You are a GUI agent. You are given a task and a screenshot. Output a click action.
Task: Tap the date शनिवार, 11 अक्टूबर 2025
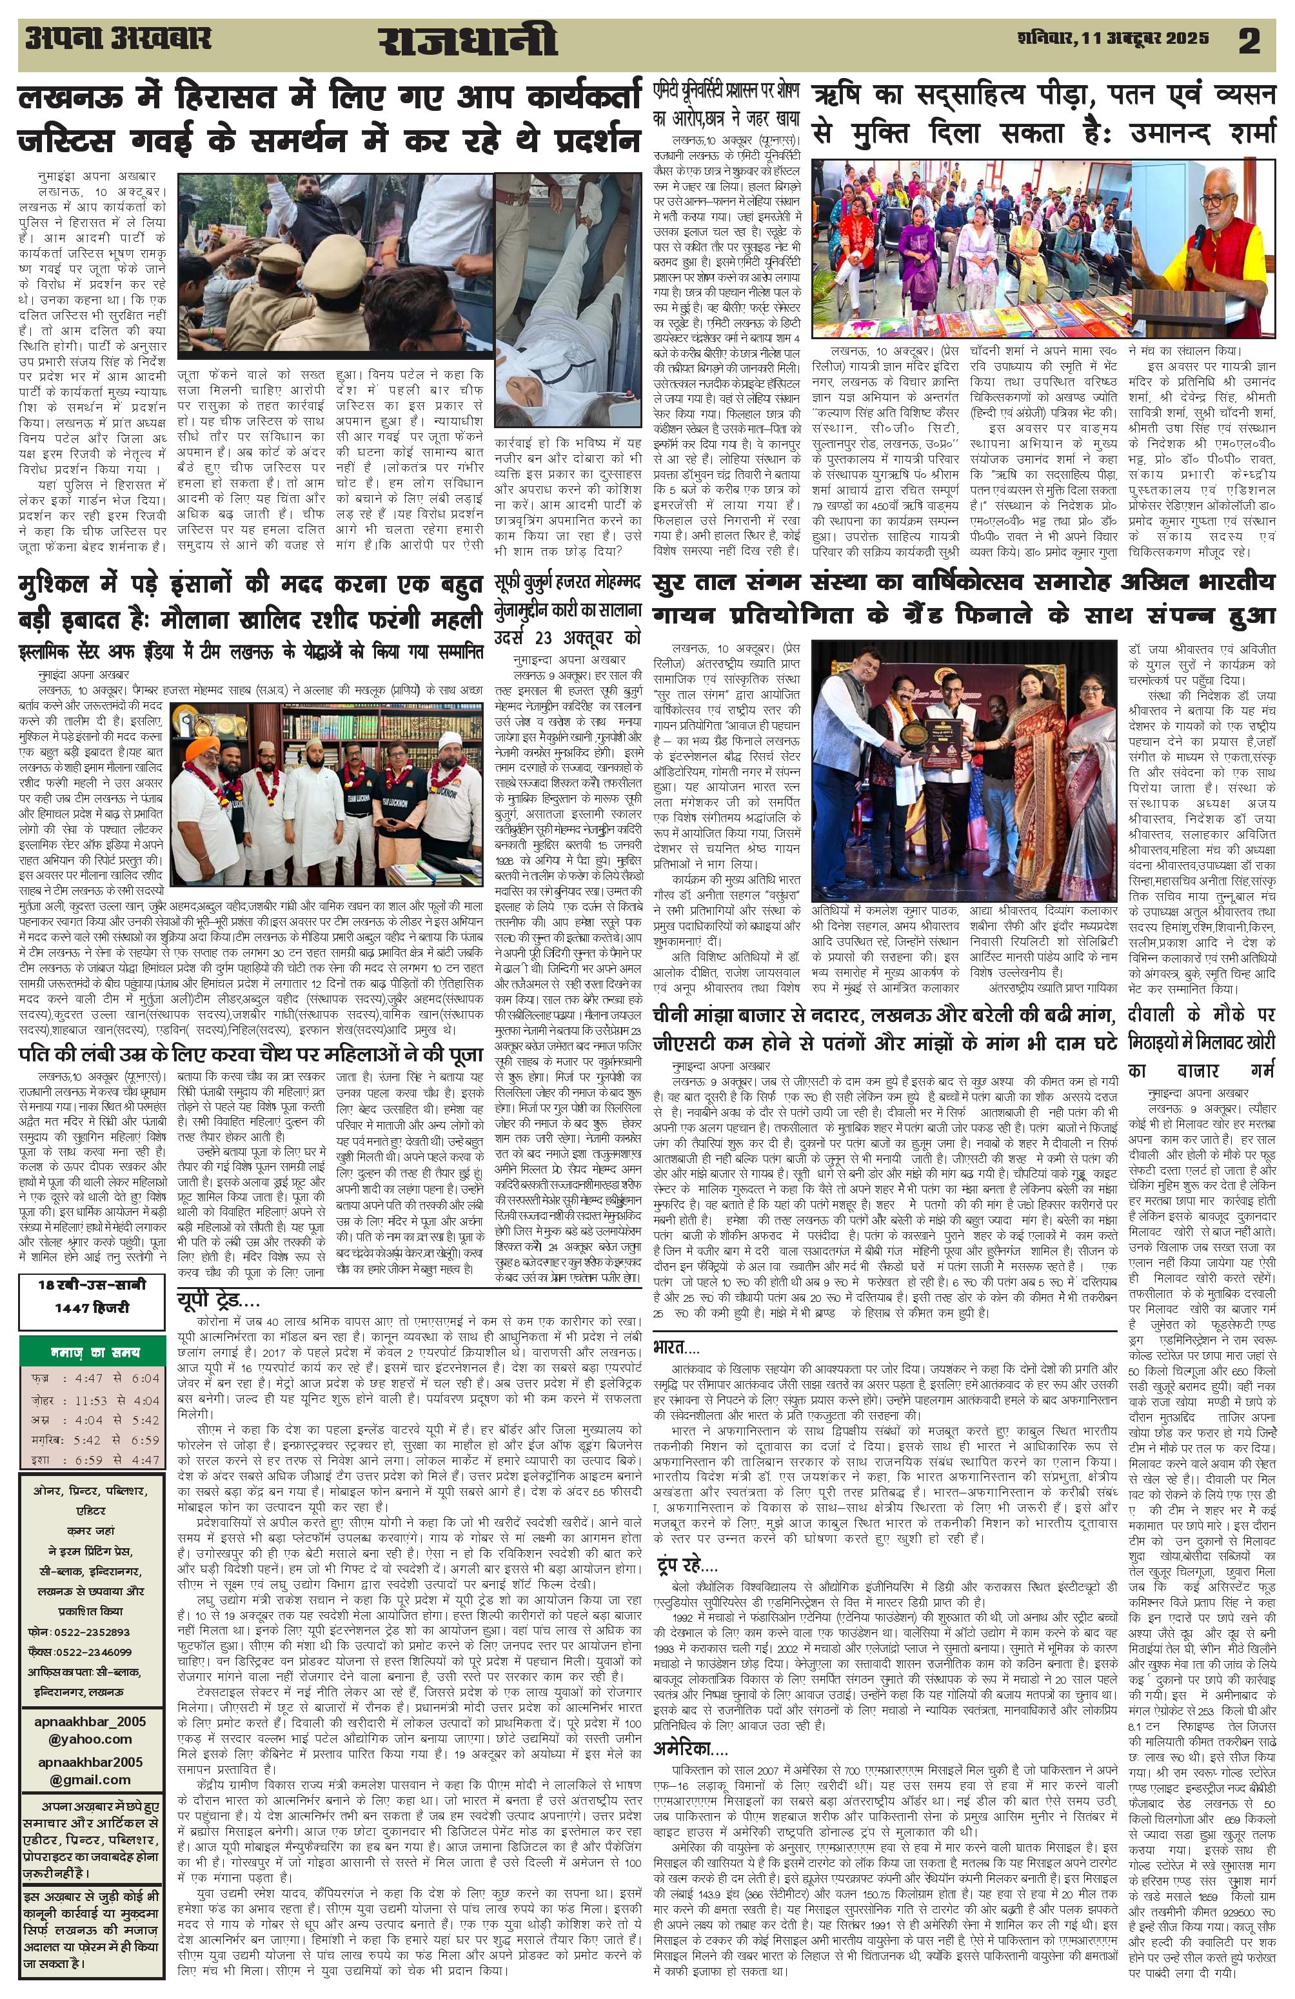click(x=1112, y=39)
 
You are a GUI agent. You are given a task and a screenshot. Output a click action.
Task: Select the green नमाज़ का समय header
click(x=92, y=1352)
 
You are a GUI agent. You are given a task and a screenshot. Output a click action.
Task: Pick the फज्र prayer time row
click(x=92, y=1378)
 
